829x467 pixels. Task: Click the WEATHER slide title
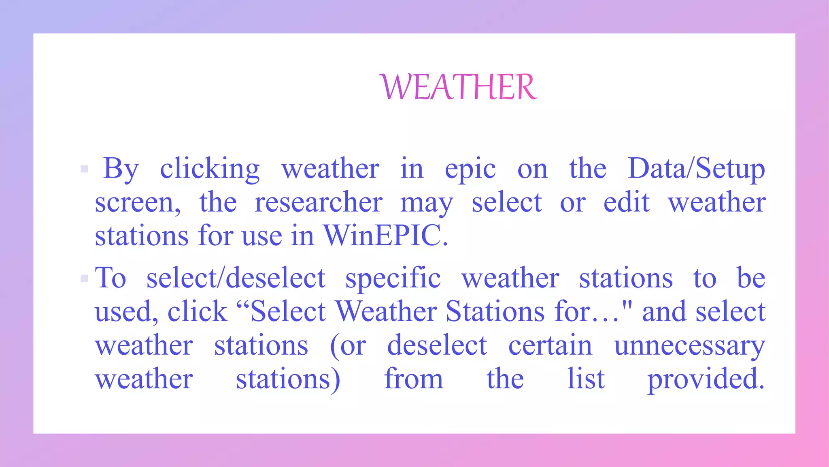point(459,87)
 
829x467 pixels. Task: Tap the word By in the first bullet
point(121,169)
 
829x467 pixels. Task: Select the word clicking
point(210,169)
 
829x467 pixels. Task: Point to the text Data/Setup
point(696,169)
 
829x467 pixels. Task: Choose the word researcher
point(318,202)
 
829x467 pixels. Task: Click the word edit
point(626,202)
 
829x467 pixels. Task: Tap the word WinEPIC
point(385,236)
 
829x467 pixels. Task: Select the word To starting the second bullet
point(111,278)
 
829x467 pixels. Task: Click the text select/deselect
point(236,278)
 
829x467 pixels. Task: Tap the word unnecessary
point(689,346)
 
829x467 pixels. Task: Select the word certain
point(550,345)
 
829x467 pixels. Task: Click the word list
point(586,379)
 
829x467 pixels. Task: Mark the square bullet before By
point(85,169)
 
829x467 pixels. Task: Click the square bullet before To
point(85,278)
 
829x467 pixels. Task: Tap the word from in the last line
point(413,379)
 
